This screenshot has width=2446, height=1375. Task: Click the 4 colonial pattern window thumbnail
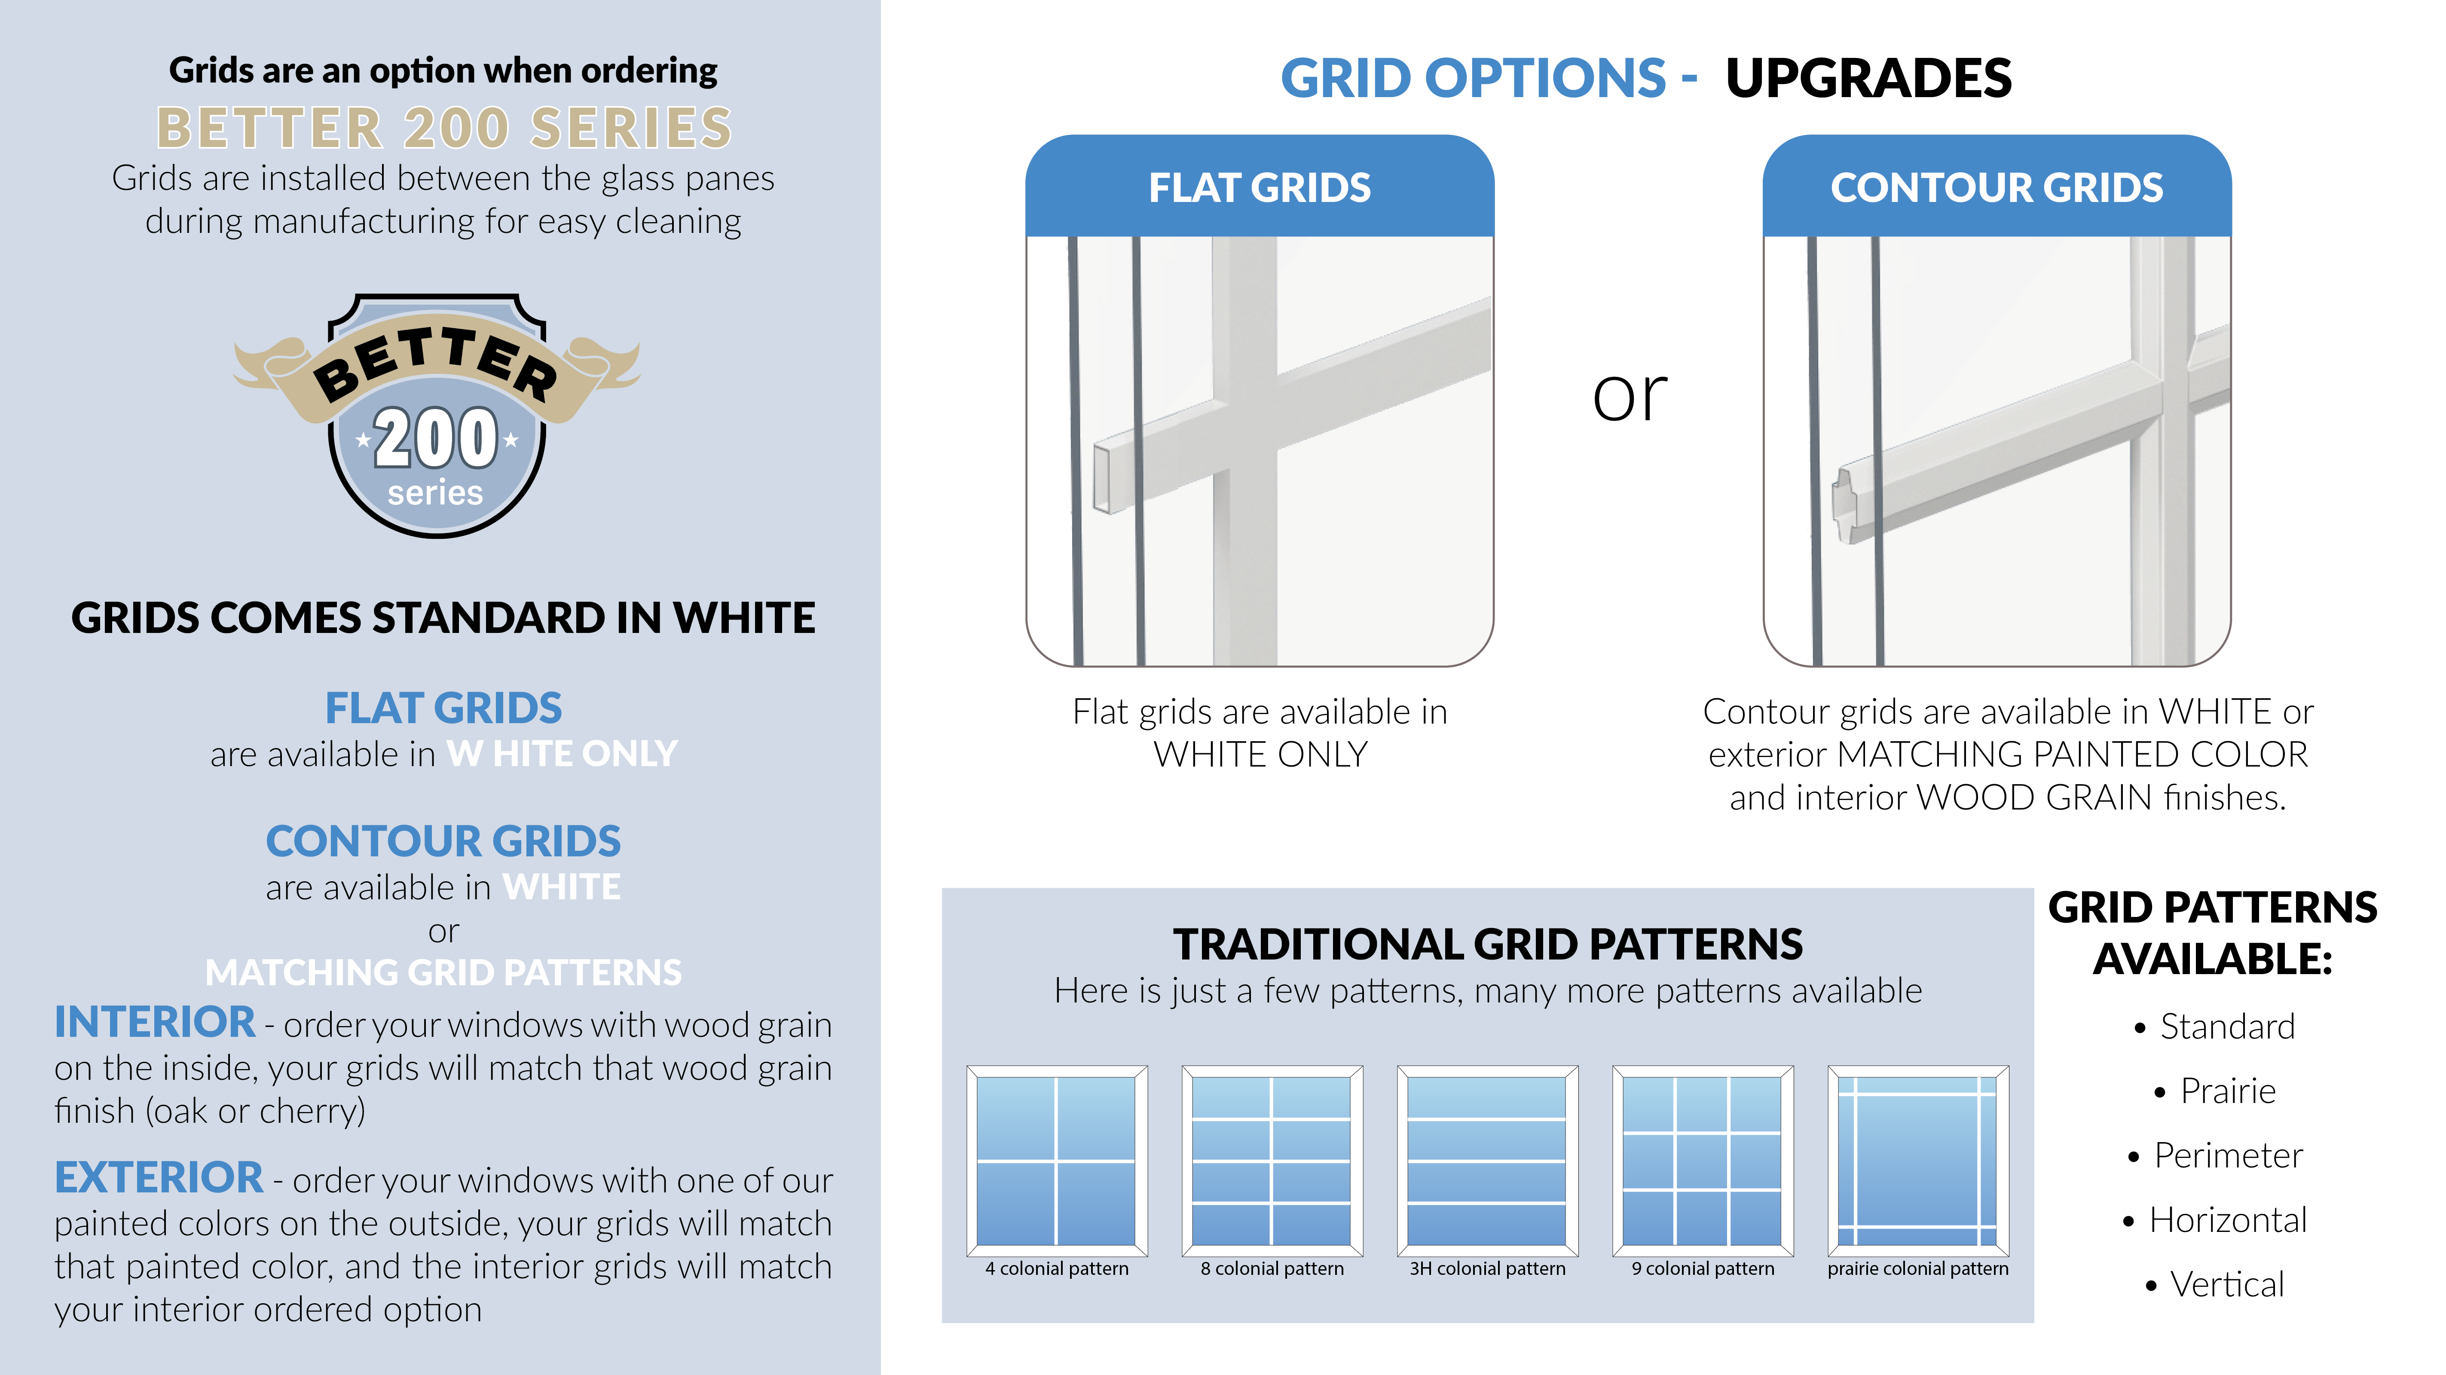coord(1057,1161)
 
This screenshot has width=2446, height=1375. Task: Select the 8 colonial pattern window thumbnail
coord(1272,1161)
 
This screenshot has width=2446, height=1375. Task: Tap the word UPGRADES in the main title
coord(1869,78)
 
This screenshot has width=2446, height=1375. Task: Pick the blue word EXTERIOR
coord(159,1177)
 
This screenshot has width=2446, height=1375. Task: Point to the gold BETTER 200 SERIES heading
coord(444,128)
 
